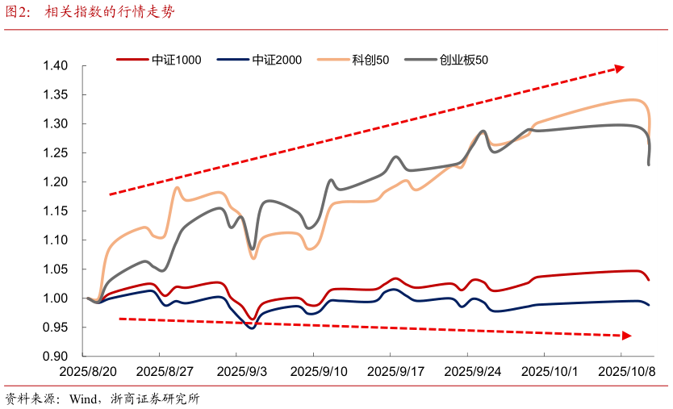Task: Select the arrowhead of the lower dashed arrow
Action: click(626, 335)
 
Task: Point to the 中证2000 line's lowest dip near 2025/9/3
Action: click(252, 328)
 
